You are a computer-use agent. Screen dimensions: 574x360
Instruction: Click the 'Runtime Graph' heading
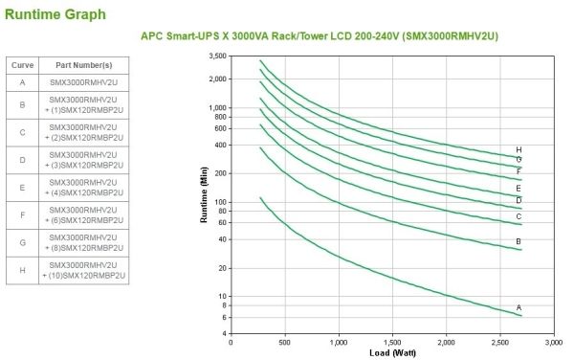(x=55, y=14)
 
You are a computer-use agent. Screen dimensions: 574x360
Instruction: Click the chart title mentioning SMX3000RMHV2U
(x=320, y=36)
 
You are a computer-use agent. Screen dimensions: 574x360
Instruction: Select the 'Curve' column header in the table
(x=22, y=65)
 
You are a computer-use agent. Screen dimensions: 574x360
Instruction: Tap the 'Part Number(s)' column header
(x=84, y=65)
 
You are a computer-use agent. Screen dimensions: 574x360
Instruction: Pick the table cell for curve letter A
(x=22, y=82)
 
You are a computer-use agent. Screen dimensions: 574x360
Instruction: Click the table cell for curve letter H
(x=22, y=270)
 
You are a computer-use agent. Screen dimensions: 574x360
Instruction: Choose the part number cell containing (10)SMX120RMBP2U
(x=84, y=270)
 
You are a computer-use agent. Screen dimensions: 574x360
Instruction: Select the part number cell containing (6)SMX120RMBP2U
(x=84, y=215)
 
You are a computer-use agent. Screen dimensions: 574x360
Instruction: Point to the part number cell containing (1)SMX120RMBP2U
(x=84, y=105)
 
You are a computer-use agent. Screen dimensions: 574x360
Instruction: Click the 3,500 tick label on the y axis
(x=218, y=56)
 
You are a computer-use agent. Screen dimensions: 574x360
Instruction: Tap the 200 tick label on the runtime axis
(x=221, y=173)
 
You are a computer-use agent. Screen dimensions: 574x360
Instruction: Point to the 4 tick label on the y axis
(x=225, y=333)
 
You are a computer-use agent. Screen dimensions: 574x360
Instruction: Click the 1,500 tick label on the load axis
(x=392, y=343)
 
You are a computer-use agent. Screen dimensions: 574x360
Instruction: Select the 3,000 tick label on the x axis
(x=554, y=343)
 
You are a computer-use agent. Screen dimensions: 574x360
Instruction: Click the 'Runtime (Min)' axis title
(x=204, y=194)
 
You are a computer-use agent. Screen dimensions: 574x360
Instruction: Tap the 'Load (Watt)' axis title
(x=393, y=353)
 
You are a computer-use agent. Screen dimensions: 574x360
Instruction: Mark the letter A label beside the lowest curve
(x=519, y=307)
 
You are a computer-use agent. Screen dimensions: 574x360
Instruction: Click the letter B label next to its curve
(x=519, y=241)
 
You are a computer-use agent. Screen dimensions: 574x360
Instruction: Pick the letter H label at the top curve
(x=519, y=149)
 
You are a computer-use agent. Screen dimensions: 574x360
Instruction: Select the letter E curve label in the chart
(x=519, y=189)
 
